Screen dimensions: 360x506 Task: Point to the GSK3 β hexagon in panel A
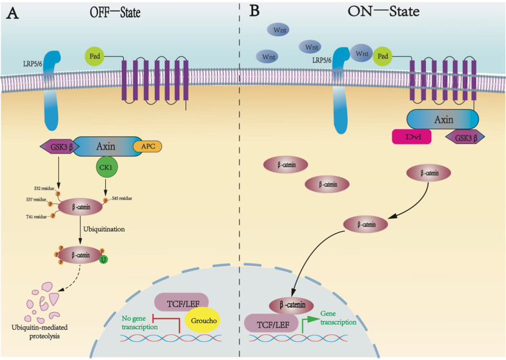56,147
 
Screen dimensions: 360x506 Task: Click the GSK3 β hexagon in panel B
465,137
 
